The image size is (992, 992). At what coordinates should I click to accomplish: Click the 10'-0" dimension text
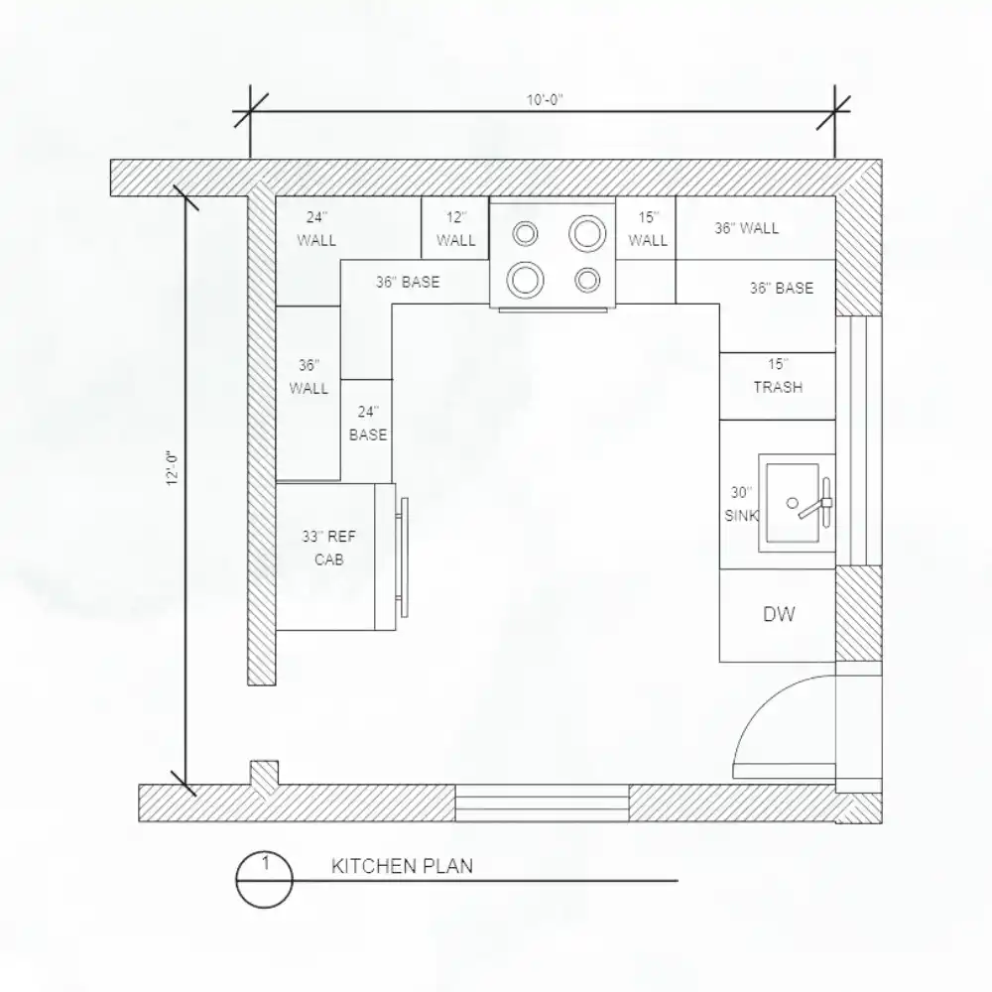(545, 100)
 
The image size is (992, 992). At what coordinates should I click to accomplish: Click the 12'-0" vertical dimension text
(172, 468)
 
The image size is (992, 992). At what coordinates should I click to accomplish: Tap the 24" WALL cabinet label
(316, 229)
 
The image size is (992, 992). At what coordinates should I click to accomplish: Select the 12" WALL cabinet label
(455, 229)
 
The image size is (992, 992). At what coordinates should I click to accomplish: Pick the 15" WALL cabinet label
(648, 229)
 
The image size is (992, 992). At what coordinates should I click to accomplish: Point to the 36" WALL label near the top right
(747, 228)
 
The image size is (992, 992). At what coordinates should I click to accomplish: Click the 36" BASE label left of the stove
(408, 282)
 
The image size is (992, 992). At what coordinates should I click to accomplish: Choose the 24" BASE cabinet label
(368, 424)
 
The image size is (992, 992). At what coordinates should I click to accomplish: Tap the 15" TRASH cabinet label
(778, 376)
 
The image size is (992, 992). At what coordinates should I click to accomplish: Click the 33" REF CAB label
(329, 548)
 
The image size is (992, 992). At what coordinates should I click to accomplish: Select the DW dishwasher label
(779, 614)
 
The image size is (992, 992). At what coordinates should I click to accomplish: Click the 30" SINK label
(741, 504)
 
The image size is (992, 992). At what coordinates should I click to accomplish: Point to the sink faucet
(818, 503)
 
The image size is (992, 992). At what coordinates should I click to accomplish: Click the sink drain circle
(792, 503)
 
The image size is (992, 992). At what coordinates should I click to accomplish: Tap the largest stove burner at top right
(587, 233)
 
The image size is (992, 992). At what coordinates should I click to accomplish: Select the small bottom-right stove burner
(587, 280)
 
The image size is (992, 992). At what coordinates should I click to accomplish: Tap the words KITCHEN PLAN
(403, 866)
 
